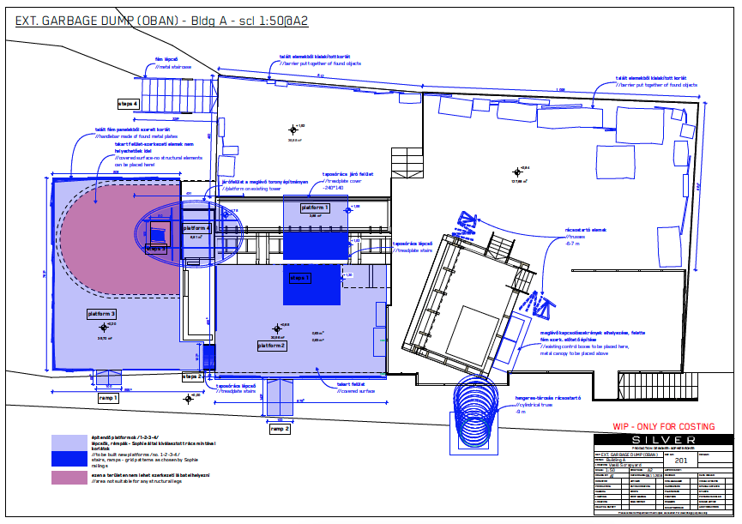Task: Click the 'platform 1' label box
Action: coord(315,208)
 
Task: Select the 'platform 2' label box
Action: coord(272,346)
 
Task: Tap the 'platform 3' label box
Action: coord(101,315)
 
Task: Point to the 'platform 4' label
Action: coord(196,228)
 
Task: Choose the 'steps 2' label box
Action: coord(192,376)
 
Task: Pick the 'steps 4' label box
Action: coord(129,103)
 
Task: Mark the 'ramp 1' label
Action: coord(108,398)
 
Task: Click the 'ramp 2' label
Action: coord(280,428)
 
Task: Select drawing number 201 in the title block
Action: coord(682,461)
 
